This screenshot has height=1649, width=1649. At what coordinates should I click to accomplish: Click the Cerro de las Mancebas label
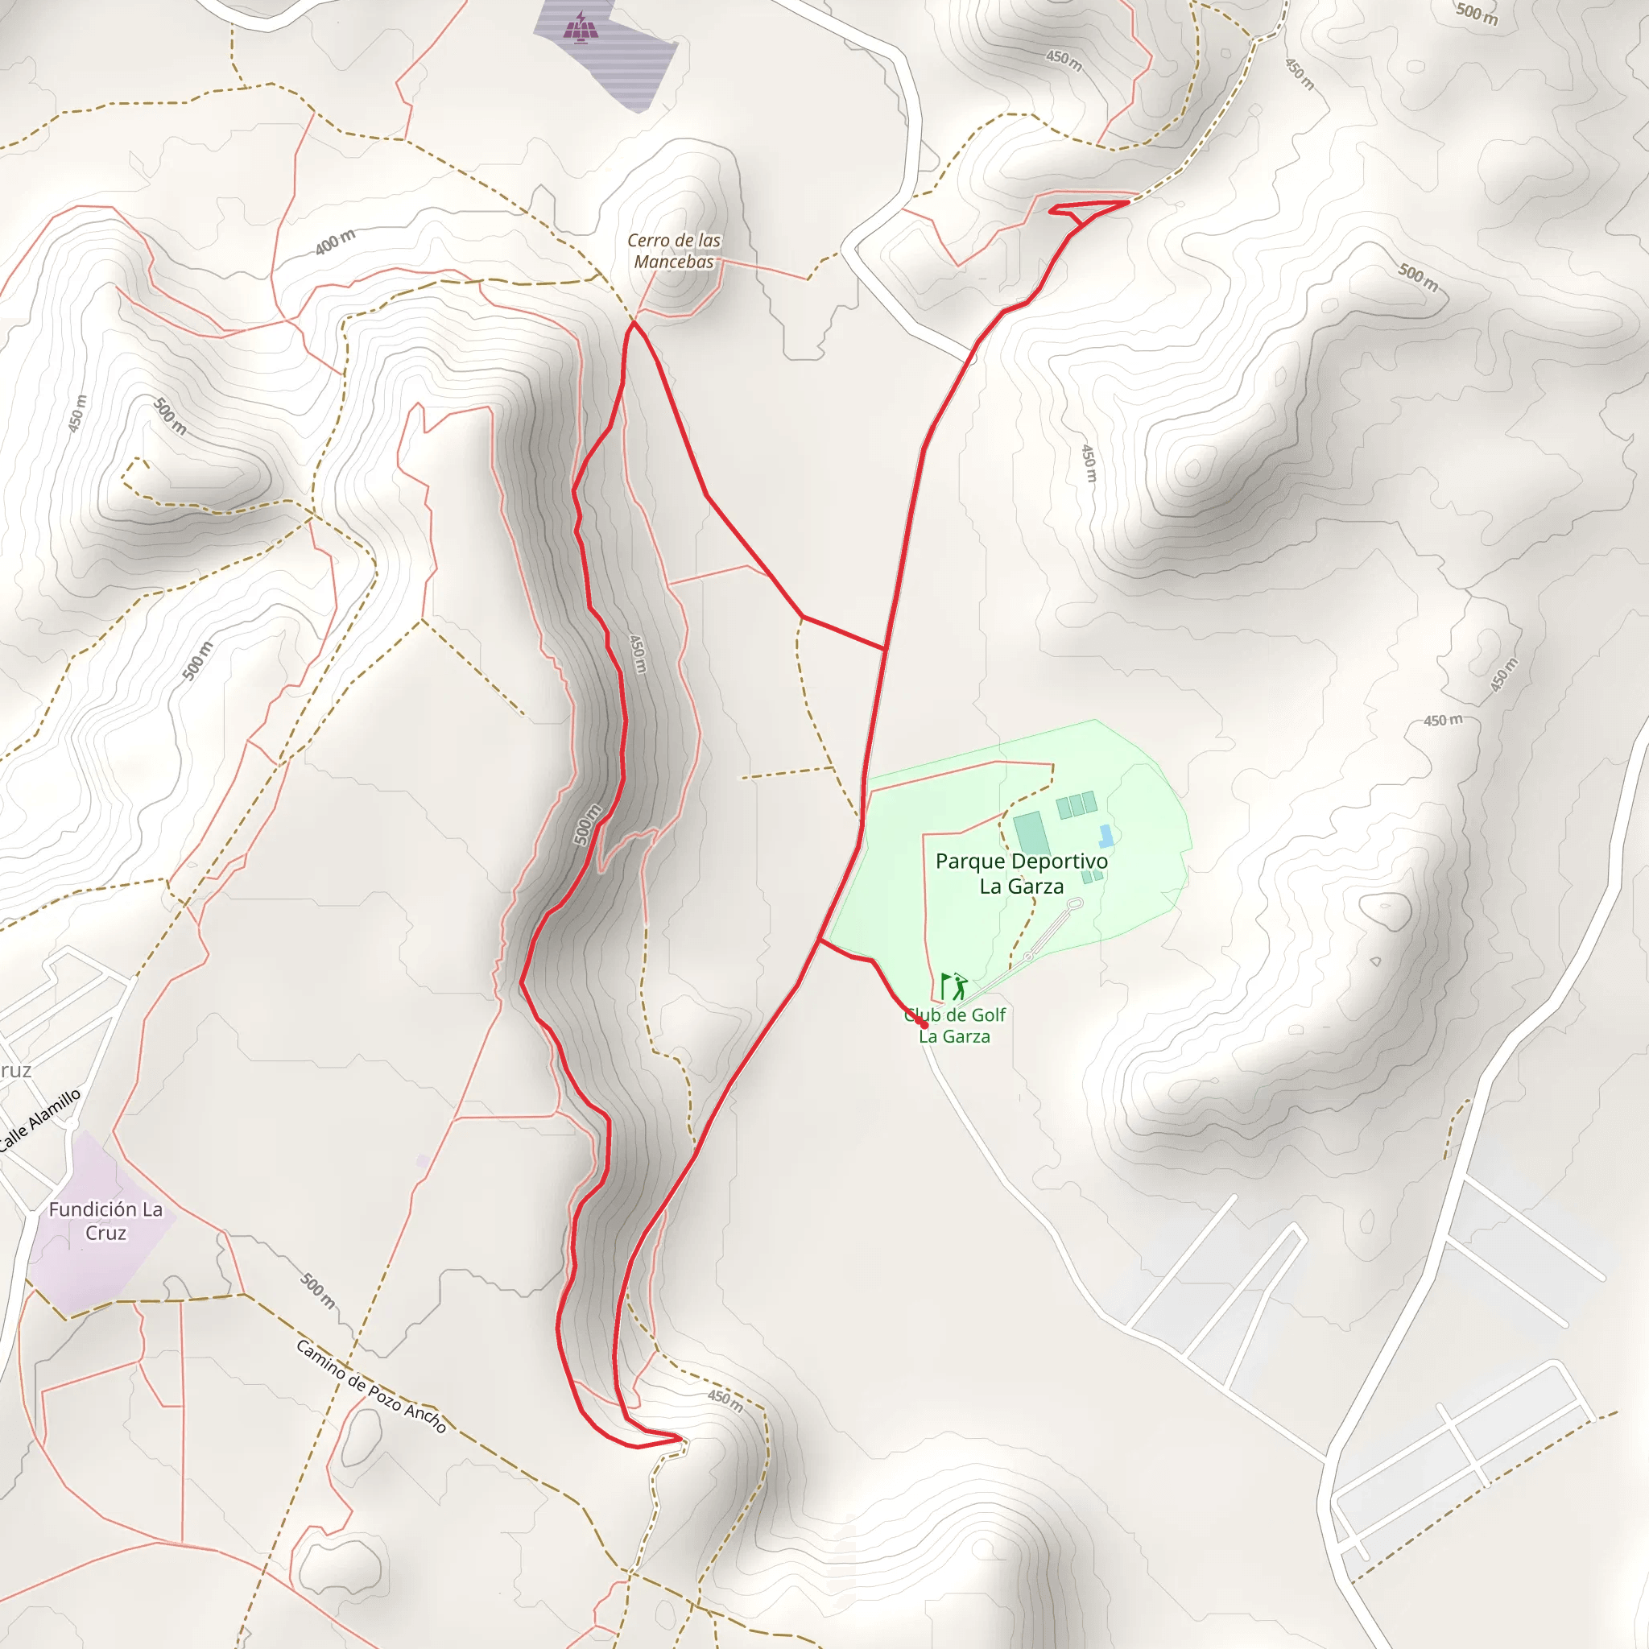pyautogui.click(x=673, y=251)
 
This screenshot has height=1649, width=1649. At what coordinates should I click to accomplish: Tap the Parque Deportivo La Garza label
pyautogui.click(x=1021, y=873)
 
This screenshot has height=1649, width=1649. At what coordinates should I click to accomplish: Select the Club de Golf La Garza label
pyautogui.click(x=954, y=1025)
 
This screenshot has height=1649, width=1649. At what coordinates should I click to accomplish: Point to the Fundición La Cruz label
pyautogui.click(x=105, y=1221)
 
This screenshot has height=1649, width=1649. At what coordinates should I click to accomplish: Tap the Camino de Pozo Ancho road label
pyautogui.click(x=371, y=1387)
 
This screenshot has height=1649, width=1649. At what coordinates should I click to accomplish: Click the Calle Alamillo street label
pyautogui.click(x=41, y=1120)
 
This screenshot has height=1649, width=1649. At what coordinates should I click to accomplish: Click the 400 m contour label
pyautogui.click(x=335, y=242)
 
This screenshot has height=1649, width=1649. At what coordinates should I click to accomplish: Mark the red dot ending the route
pyautogui.click(x=924, y=1025)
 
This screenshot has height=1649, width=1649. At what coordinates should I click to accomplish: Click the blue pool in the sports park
pyautogui.click(x=1106, y=836)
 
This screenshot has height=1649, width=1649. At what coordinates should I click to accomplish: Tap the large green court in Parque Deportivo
pyautogui.click(x=1031, y=833)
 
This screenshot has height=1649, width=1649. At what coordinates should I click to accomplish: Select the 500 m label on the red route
pyautogui.click(x=586, y=824)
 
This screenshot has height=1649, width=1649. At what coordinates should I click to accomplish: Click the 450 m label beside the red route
pyautogui.click(x=638, y=653)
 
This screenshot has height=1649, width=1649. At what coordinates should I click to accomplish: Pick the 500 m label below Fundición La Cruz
pyautogui.click(x=317, y=1292)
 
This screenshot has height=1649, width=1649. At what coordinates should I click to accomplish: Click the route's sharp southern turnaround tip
pyautogui.click(x=682, y=1439)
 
